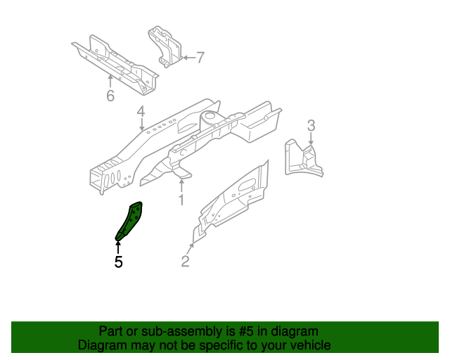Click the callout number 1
click(x=181, y=200)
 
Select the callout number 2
click(x=185, y=262)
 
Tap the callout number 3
click(x=311, y=126)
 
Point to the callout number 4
click(x=141, y=112)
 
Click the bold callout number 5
click(x=118, y=262)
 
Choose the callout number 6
click(x=110, y=96)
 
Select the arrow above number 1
click(x=181, y=186)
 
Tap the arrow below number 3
click(x=311, y=139)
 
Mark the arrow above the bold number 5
click(x=118, y=246)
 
